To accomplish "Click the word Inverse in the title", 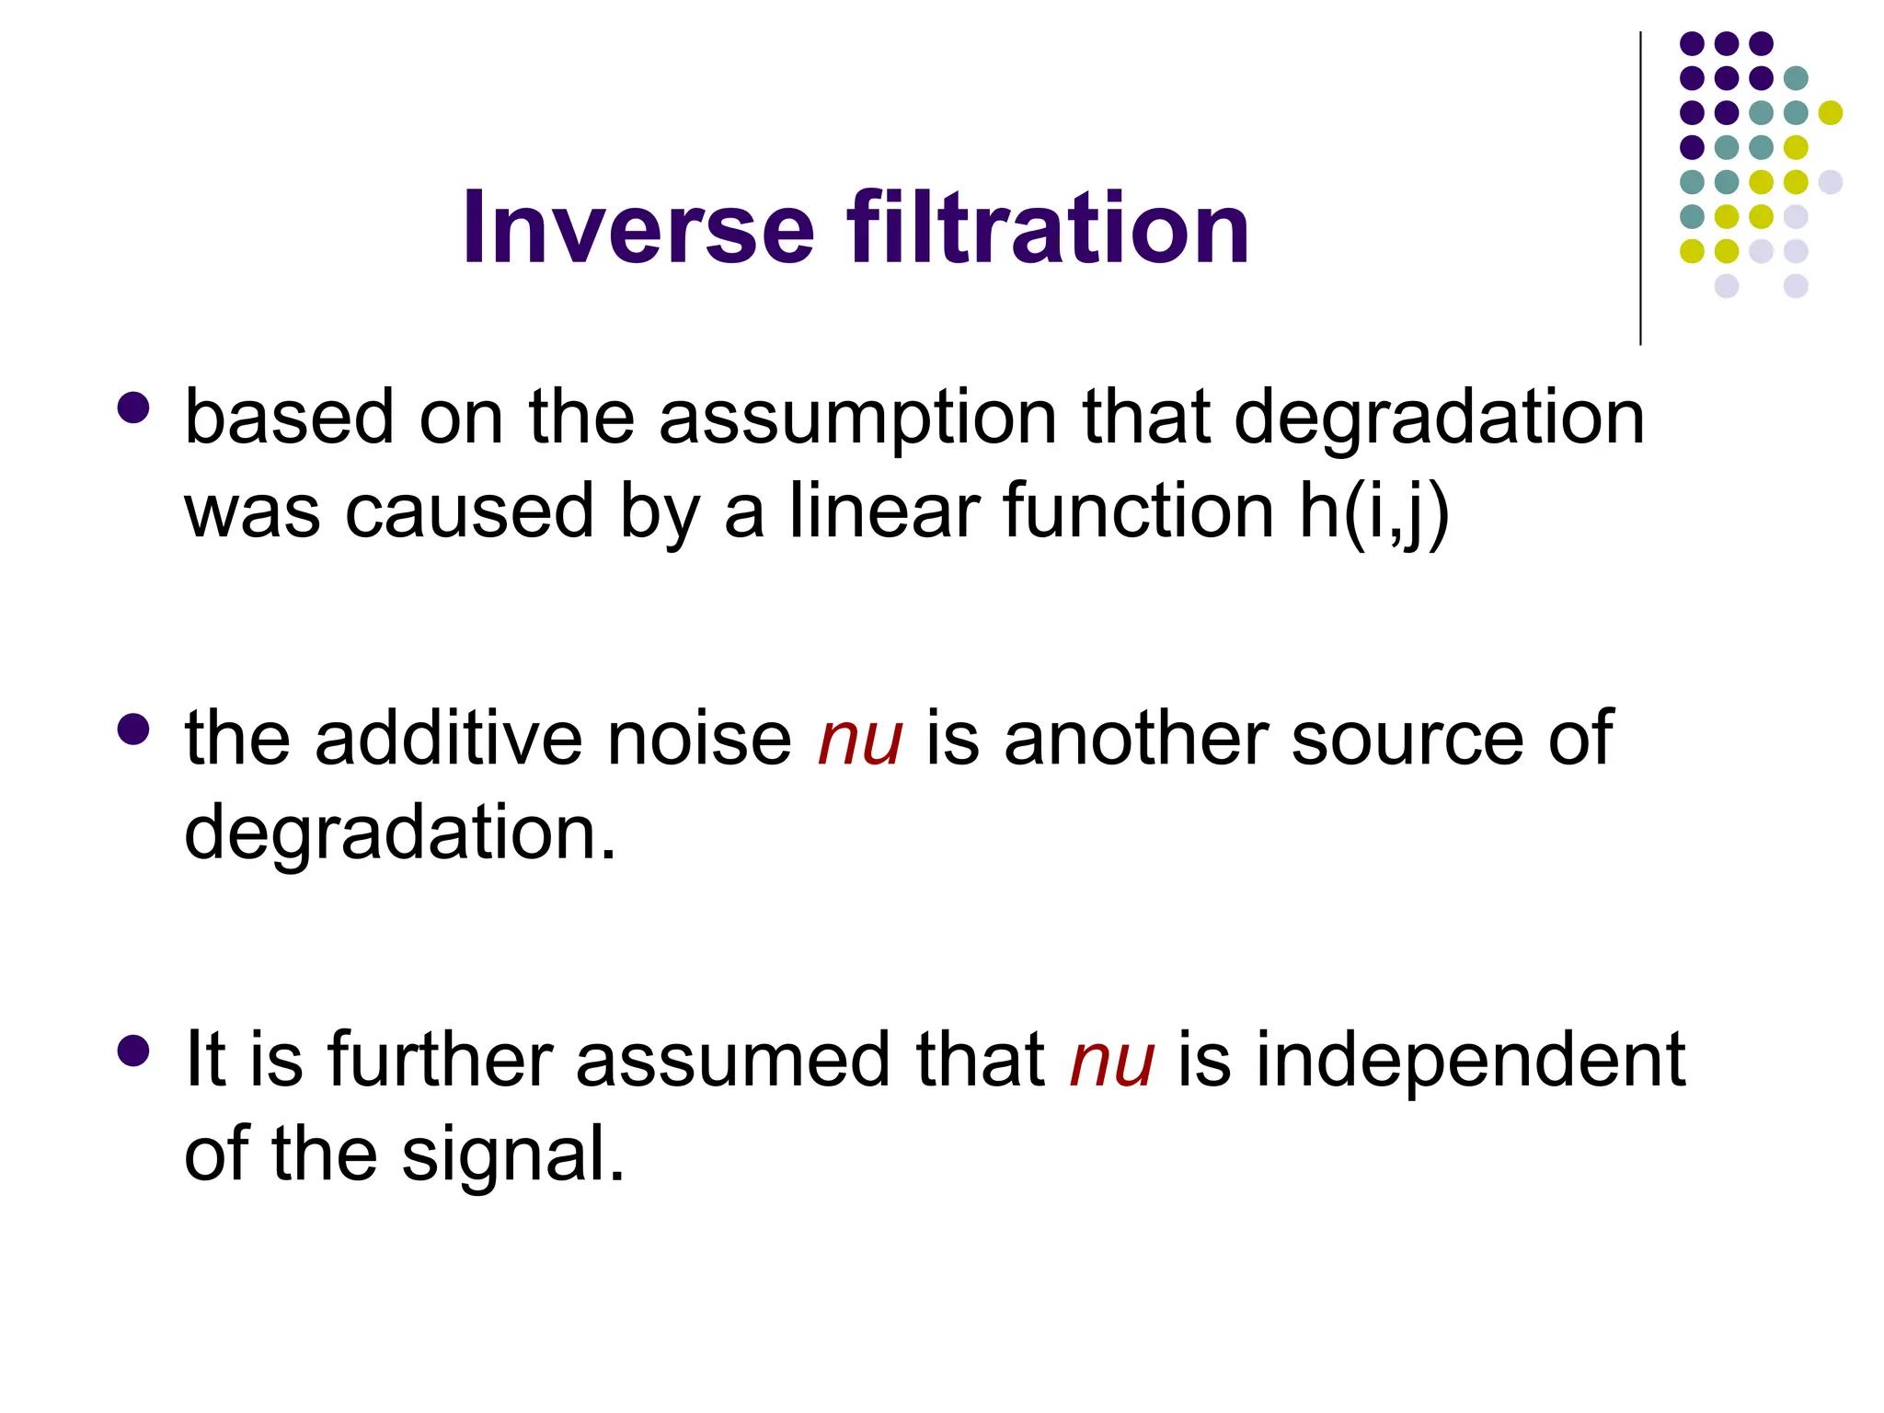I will (x=638, y=227).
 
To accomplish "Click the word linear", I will (x=884, y=511).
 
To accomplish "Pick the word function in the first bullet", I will (x=1138, y=511).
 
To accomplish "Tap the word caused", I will (x=469, y=511).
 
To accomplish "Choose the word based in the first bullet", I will (x=289, y=419).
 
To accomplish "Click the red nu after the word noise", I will (x=860, y=741).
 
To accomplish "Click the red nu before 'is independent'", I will (x=1111, y=1062).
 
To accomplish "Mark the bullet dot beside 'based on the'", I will (x=134, y=408).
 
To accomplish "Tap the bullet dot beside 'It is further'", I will (x=134, y=1051).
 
